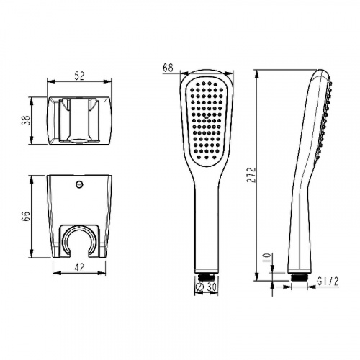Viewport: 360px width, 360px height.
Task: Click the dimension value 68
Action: click(168, 68)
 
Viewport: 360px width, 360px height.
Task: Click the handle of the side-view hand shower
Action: click(302, 216)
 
